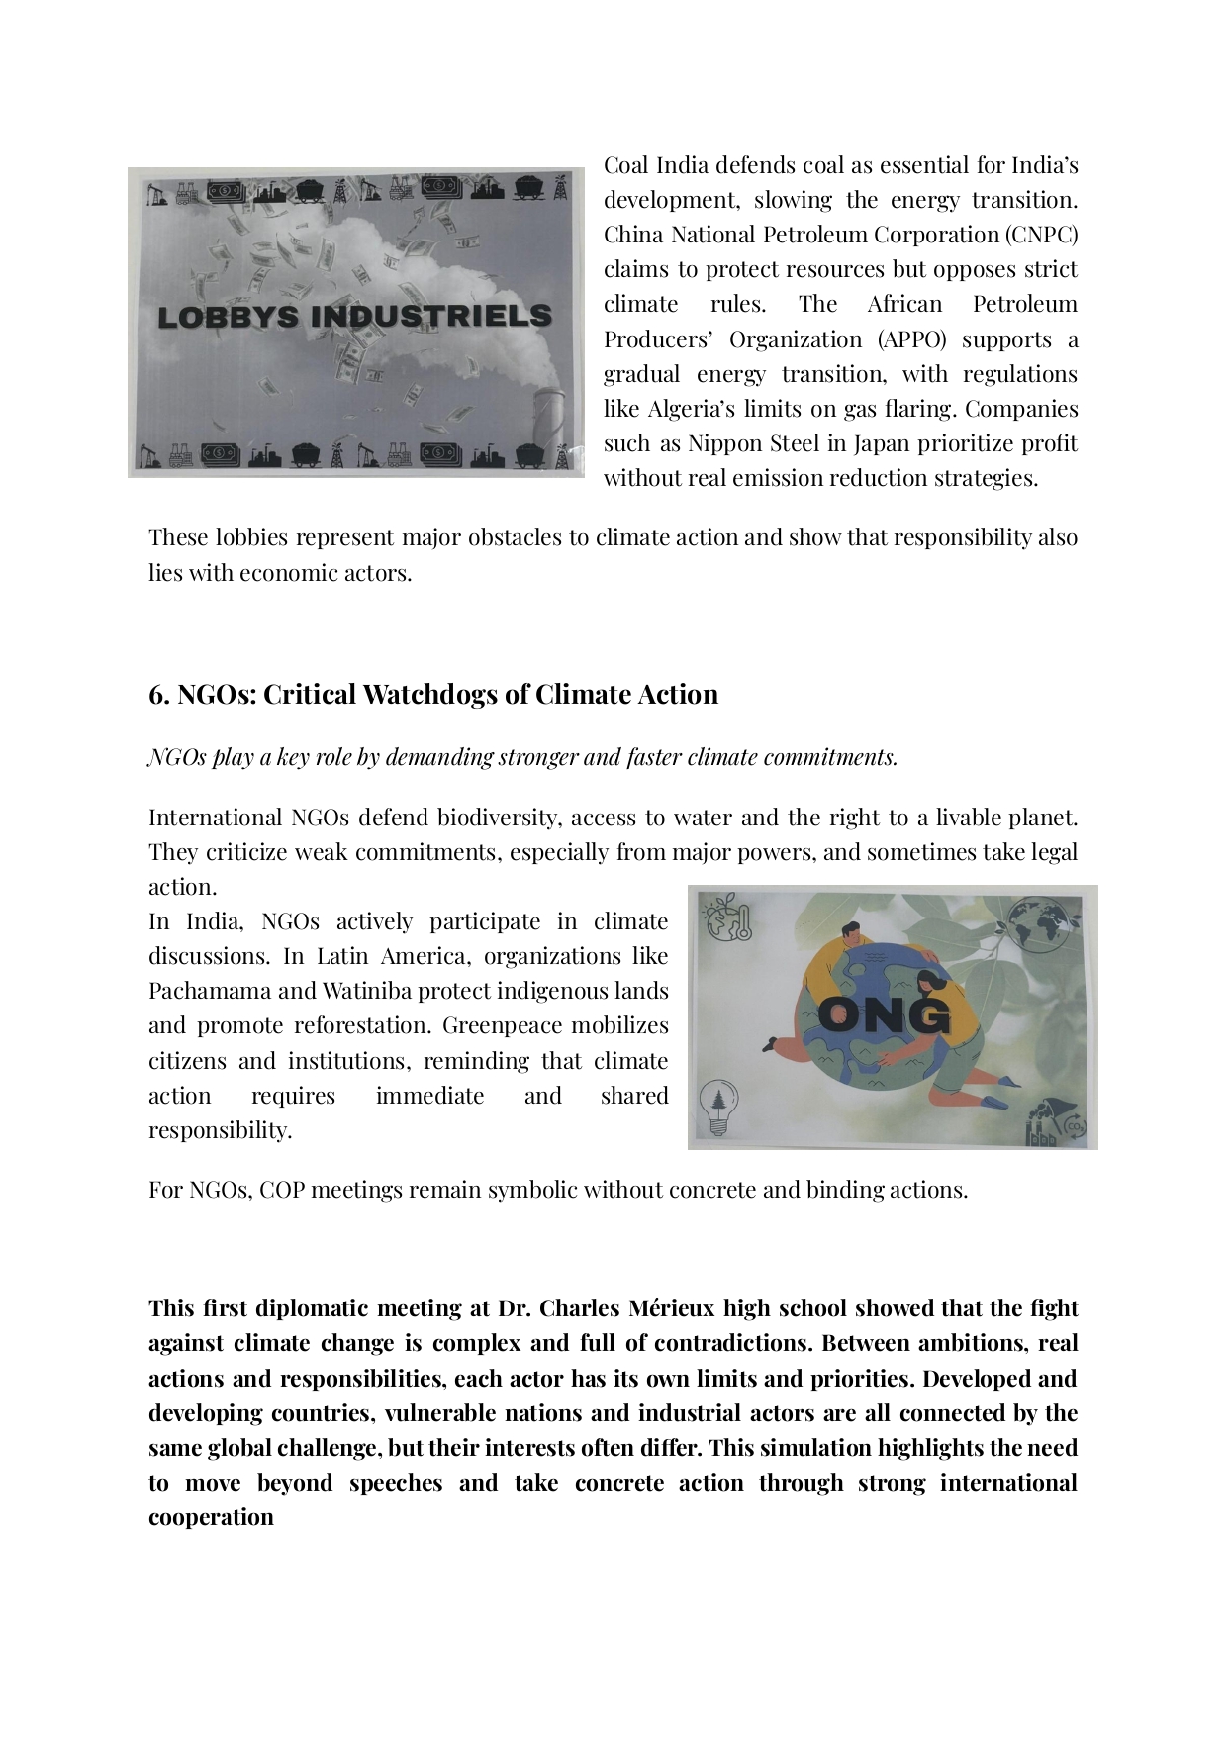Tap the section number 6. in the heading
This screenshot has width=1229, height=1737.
click(158, 695)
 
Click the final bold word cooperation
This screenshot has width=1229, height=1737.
click(211, 1517)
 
